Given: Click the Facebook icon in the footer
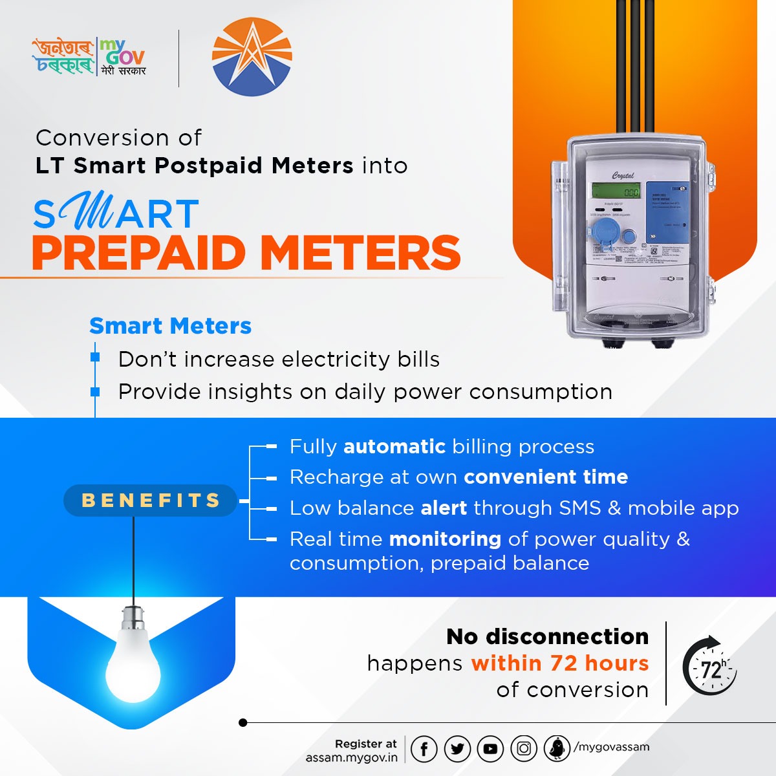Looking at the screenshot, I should (424, 749).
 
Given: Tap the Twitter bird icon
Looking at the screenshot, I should (458, 749).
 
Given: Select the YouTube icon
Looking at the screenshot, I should (490, 749).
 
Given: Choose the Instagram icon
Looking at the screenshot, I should (524, 749).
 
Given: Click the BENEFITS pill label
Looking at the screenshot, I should (151, 501).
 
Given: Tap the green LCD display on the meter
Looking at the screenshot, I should (616, 192).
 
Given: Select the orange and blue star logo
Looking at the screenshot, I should (252, 58).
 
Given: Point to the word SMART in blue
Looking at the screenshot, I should (116, 215).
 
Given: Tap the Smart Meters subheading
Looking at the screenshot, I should (170, 326).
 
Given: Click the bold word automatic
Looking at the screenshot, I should (394, 447).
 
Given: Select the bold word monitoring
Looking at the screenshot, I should (445, 539).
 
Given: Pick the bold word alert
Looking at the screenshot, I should (444, 508).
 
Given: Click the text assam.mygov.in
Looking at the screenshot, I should (352, 757).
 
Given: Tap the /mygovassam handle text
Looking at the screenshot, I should (611, 747).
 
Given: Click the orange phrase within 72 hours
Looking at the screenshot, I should (560, 663).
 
